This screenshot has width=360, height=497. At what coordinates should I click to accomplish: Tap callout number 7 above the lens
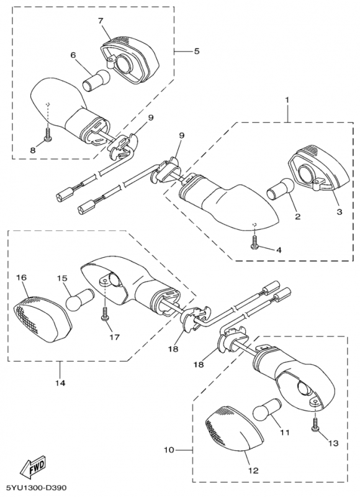(101, 21)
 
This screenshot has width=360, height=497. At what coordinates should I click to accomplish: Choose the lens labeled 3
(320, 166)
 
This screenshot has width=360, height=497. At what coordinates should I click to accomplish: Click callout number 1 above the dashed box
(287, 100)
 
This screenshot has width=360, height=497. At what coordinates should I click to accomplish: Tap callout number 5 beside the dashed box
(197, 51)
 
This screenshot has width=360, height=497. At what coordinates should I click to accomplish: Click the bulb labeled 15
(80, 299)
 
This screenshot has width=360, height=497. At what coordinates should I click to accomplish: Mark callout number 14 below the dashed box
(60, 383)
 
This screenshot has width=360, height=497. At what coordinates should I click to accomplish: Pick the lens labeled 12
(235, 427)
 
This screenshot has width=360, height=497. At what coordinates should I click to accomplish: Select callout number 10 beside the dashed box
(169, 450)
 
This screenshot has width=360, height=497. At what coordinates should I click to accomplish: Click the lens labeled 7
(130, 60)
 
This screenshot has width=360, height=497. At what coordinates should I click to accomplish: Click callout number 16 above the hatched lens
(22, 278)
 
